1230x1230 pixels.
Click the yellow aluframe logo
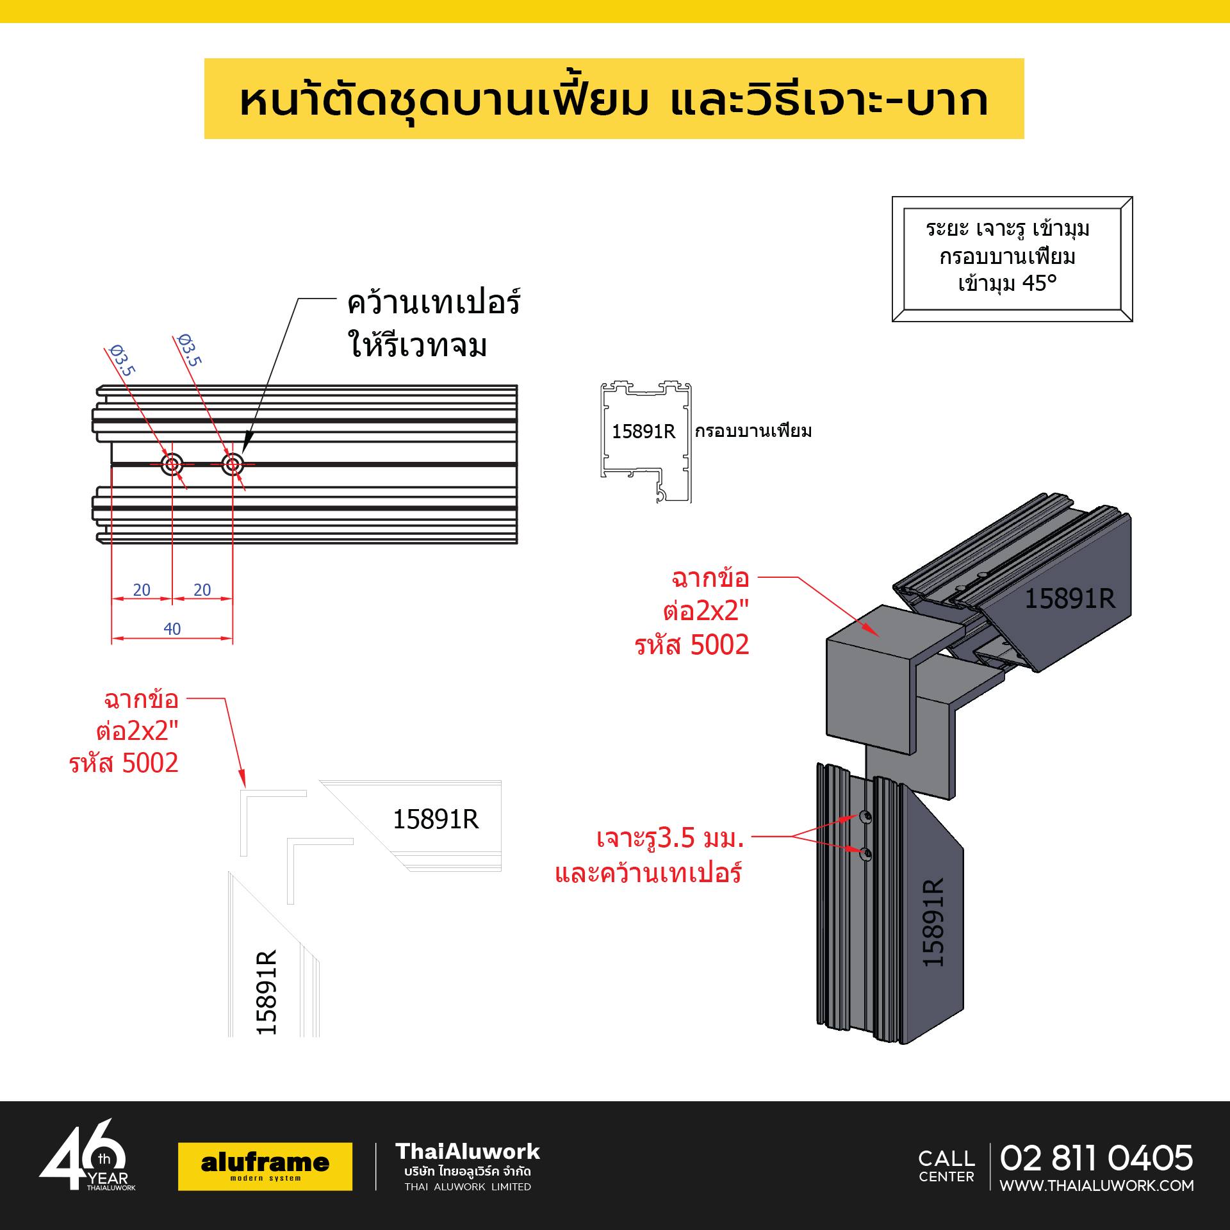click(x=265, y=1167)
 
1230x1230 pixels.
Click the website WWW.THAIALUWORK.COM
click(x=1097, y=1186)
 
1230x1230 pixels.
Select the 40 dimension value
click(x=172, y=629)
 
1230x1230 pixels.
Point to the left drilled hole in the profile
click(x=172, y=464)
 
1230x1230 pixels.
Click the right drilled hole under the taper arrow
click(x=233, y=464)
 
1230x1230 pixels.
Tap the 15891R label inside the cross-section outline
click(x=643, y=432)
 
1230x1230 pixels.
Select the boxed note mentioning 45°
click(x=1012, y=259)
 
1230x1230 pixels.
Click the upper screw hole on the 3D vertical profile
click(x=866, y=817)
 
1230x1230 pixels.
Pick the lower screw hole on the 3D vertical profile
click(x=866, y=853)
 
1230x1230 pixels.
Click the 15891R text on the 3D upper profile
click(x=1070, y=599)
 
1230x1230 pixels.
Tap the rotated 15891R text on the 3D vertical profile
click(x=933, y=922)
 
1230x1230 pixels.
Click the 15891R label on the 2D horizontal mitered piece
click(x=436, y=819)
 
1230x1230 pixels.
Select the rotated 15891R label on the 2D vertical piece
click(x=266, y=992)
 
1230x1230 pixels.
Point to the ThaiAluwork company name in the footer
click(x=468, y=1152)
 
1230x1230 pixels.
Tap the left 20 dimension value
click(x=142, y=590)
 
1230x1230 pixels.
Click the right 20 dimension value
click(x=202, y=590)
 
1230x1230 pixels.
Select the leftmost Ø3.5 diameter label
click(x=122, y=360)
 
